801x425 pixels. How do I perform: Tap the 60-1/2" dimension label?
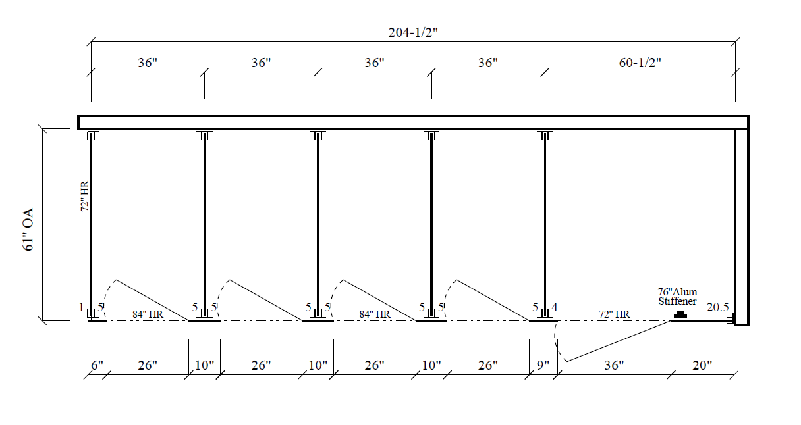pos(640,63)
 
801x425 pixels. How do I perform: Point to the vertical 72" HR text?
pos(84,197)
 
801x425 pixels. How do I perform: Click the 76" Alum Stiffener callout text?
pos(678,297)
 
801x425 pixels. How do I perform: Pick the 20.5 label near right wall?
pos(717,307)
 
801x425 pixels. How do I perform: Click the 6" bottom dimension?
pos(97,365)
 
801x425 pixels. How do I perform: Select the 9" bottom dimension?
pos(543,365)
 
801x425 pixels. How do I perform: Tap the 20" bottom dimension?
pos(702,365)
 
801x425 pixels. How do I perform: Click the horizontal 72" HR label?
pos(614,314)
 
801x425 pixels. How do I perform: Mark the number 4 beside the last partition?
pos(555,307)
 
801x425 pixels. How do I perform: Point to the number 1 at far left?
pos(82,307)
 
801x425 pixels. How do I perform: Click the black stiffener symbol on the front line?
pos(680,316)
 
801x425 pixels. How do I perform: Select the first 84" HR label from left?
pos(148,314)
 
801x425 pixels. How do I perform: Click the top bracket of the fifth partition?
pos(545,136)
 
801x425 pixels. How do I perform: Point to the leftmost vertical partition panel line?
pos(91,224)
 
